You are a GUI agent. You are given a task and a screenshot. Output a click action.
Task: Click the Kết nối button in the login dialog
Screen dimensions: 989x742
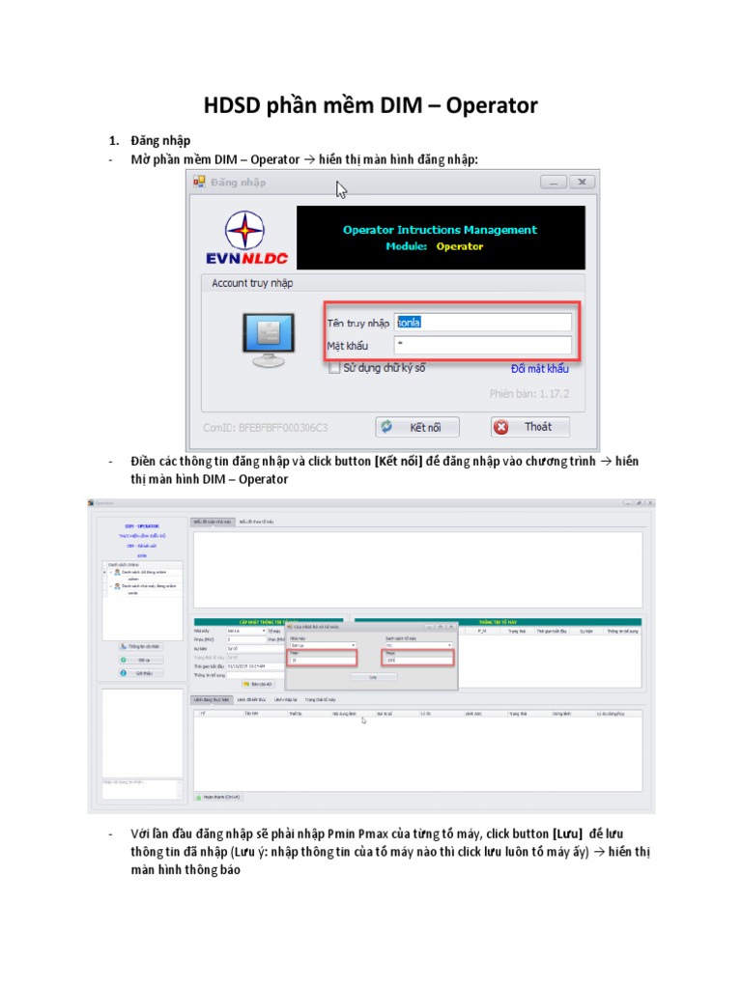417,427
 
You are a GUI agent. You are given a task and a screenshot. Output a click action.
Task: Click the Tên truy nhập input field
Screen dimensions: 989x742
483,323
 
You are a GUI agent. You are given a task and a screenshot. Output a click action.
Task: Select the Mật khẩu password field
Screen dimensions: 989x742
483,345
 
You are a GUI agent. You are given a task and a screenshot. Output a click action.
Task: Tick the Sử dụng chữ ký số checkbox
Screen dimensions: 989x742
334,368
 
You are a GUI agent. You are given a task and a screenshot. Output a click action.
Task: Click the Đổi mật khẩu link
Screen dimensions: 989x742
539,368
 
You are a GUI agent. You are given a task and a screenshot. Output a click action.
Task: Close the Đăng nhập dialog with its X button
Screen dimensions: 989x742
582,182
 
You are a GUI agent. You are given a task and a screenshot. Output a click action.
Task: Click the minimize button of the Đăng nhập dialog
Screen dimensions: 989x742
553,182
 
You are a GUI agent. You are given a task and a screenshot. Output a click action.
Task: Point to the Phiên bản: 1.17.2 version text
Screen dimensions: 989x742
528,394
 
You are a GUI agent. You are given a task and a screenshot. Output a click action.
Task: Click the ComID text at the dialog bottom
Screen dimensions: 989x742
265,427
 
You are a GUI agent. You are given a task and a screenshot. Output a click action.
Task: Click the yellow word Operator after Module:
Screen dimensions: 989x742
459,246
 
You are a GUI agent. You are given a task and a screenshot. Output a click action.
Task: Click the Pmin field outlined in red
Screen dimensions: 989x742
321,659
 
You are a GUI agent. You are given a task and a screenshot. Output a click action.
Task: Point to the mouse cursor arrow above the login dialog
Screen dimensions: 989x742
340,189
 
